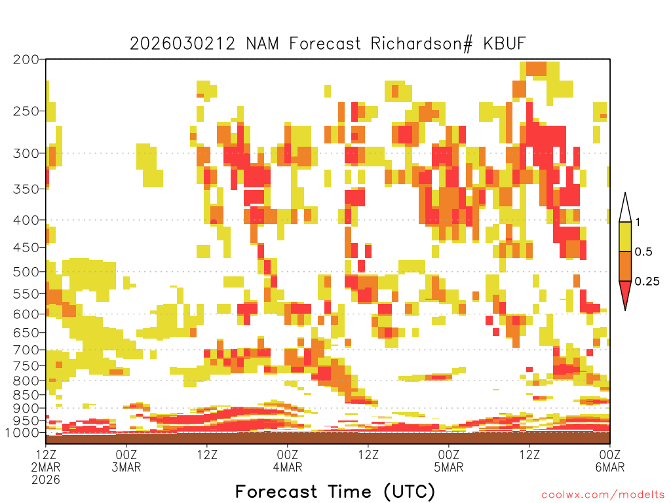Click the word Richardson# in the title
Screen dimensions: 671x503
tap(421, 44)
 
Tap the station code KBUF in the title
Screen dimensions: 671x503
tap(504, 44)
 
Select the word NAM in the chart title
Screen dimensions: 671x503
tap(262, 44)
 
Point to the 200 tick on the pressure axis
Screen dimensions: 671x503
tap(26, 60)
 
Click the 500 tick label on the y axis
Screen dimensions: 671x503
tap(26, 272)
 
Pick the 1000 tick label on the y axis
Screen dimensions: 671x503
tap(23, 432)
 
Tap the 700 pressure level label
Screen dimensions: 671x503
tap(26, 350)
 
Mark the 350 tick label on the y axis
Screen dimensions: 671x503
tap(26, 189)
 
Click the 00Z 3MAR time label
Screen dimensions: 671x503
tap(126, 460)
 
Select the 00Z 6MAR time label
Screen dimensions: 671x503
tap(610, 460)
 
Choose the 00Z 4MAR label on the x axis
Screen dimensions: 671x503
tap(288, 460)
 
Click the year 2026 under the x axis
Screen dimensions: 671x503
tap(46, 479)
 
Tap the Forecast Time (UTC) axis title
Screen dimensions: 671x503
tap(335, 492)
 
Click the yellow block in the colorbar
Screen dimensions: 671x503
tap(625, 236)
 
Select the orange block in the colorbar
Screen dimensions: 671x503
tap(625, 266)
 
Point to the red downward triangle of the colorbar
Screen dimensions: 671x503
tap(625, 294)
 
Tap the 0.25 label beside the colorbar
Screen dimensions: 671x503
tap(647, 282)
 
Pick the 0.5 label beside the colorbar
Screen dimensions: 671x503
tap(643, 252)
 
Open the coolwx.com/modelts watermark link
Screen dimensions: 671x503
tap(604, 495)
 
